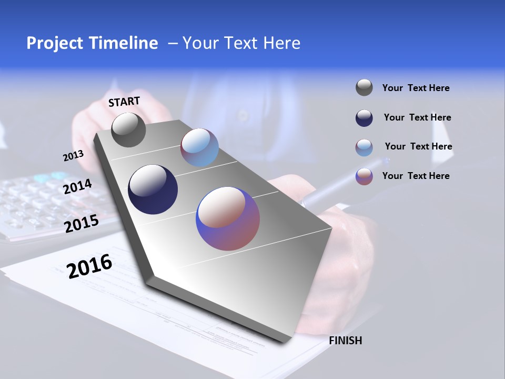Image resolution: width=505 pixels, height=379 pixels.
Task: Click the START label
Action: coord(124,102)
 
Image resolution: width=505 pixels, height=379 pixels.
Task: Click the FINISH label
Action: coord(345,341)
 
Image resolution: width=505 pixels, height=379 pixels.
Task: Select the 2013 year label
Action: coord(73,156)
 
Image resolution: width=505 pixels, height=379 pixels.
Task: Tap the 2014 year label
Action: coord(77,187)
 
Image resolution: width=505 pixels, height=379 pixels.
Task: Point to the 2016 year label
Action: coord(89,266)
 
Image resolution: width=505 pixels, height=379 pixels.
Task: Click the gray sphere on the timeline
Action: coord(128,129)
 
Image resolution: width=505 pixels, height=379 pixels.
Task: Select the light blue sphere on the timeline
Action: coord(199,147)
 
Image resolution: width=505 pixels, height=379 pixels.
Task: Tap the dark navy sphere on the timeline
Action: coord(153,189)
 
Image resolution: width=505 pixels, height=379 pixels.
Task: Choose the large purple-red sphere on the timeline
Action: coord(228,218)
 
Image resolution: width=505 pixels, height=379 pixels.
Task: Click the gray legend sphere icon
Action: coord(364,87)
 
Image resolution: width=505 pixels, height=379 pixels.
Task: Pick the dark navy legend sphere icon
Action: coord(364,118)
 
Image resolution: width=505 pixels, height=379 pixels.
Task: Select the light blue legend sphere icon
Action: coord(364,147)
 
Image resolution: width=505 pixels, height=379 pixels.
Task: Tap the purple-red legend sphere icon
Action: coord(364,176)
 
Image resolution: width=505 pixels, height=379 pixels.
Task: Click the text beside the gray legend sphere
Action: coord(416,88)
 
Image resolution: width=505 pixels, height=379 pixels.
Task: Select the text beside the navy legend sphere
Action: coord(417,117)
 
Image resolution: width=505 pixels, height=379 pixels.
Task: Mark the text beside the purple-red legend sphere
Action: coord(416,176)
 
